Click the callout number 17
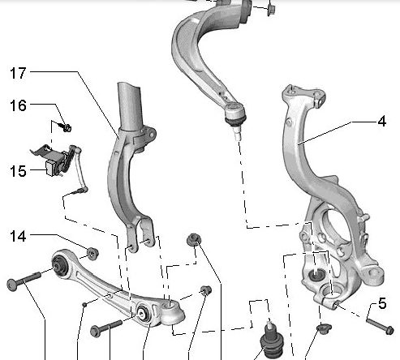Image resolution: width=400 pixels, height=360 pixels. click(18, 73)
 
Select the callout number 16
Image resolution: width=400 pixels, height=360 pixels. click(18, 105)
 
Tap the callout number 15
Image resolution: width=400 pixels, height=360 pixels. click(18, 171)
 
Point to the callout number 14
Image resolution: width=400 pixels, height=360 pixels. click(18, 236)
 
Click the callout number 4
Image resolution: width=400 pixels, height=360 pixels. click(381, 122)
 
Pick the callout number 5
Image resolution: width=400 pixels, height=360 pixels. click(382, 303)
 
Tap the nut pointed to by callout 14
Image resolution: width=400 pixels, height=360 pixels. click(92, 254)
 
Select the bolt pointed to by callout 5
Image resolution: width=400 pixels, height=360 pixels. click(380, 326)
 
